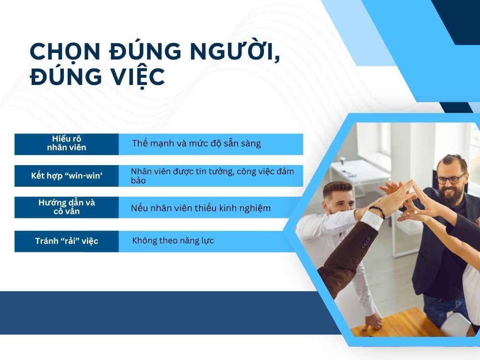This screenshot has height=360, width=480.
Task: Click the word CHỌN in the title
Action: click(65, 51)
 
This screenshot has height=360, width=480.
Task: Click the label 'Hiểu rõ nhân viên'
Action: click(66, 143)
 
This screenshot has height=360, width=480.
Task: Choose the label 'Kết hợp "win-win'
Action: click(66, 176)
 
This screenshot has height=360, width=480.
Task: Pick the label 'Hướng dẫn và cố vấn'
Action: click(66, 207)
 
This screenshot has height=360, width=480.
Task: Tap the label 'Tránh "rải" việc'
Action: click(66, 241)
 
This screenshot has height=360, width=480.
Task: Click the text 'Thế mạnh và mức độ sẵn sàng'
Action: click(196, 144)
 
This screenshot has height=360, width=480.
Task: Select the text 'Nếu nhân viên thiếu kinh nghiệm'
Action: click(201, 208)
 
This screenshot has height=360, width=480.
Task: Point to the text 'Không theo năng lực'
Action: click(173, 240)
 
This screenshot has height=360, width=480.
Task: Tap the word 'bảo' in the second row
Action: click(138, 180)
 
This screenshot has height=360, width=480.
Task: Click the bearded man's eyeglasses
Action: click(451, 179)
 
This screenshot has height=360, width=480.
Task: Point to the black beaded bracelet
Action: click(377, 212)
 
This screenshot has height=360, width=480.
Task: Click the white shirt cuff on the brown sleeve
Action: click(372, 220)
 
